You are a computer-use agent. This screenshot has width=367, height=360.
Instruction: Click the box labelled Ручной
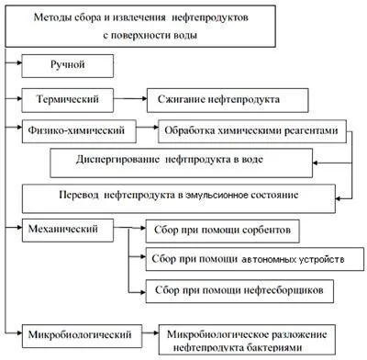67,66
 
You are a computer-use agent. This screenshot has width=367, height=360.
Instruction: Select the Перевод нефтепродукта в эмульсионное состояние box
191,196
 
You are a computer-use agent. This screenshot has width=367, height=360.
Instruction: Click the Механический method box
72,226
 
